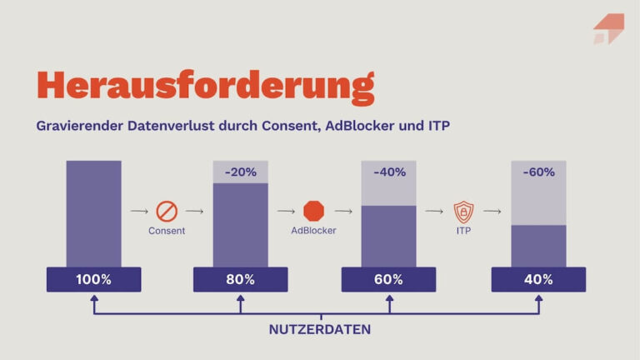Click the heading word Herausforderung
click(205, 86)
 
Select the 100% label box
click(93, 279)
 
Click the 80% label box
click(241, 279)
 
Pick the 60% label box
click(388, 279)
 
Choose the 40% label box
click(537, 279)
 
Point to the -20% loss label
click(241, 172)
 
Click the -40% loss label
click(388, 172)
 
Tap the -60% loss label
click(537, 172)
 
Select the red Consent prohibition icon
click(167, 212)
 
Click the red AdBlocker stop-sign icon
click(314, 211)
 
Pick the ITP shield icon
click(463, 211)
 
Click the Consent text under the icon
click(167, 231)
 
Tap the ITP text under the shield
click(463, 231)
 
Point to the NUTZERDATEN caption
click(320, 329)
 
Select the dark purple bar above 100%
click(93, 213)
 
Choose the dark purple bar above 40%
click(537, 246)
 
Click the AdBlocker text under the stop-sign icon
click(314, 231)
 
